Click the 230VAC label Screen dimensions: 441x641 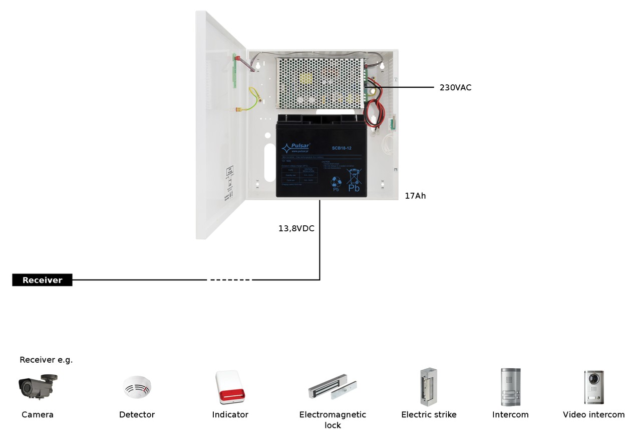click(455, 87)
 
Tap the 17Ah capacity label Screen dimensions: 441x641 click(415, 196)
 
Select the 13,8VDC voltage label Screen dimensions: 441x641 click(296, 228)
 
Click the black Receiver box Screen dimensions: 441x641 click(42, 280)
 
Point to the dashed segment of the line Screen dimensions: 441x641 click(230, 280)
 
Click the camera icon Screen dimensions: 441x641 click(38, 386)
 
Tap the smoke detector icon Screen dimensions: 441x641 click(137, 387)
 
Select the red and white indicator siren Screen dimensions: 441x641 click(230, 387)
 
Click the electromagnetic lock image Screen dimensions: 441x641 click(333, 387)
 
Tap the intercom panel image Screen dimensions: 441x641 click(510, 387)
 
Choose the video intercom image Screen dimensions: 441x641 click(593, 387)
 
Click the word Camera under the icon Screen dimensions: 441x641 click(38, 415)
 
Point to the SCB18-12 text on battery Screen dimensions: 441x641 click(342, 148)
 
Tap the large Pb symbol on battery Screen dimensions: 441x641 click(354, 188)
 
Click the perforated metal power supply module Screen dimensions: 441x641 click(320, 82)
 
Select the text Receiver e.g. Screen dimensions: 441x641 click(46, 360)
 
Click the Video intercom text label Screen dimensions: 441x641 click(593, 415)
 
